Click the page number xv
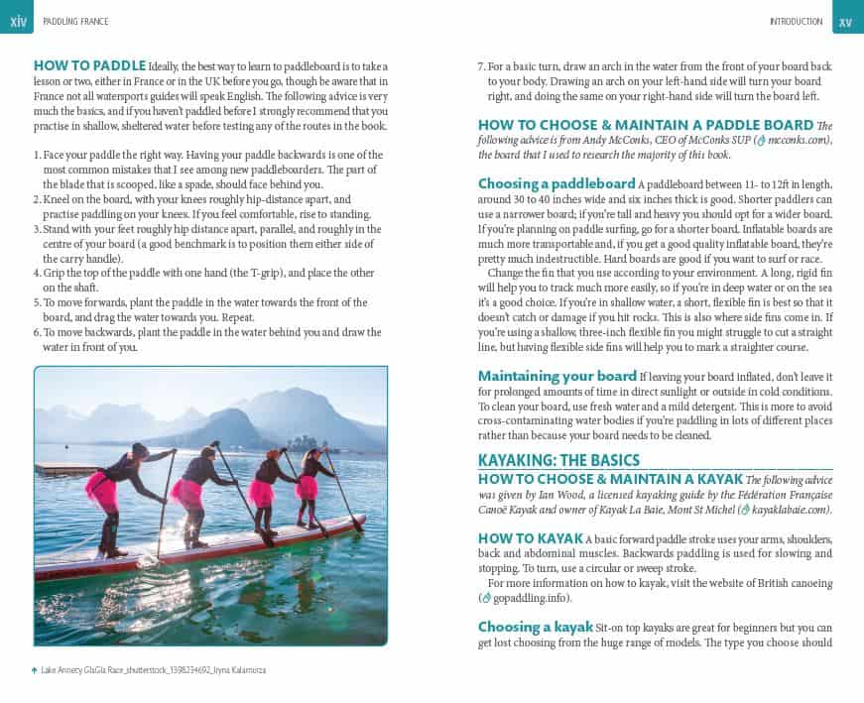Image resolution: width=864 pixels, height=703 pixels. click(x=845, y=20)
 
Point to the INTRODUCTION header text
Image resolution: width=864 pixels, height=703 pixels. click(x=796, y=21)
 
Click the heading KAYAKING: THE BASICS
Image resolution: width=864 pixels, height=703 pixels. click(x=558, y=460)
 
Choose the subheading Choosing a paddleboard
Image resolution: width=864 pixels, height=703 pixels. click(x=556, y=183)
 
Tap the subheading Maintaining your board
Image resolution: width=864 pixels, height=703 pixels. click(x=556, y=376)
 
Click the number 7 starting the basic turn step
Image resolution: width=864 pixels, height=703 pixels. click(x=481, y=65)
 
